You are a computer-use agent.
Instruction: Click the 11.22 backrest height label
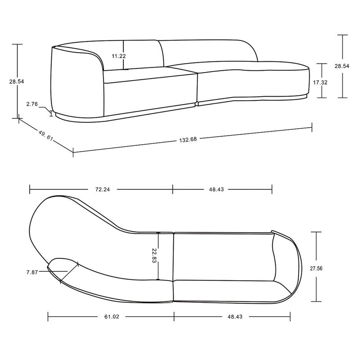(x=119, y=56)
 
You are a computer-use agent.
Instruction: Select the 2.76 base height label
(x=31, y=104)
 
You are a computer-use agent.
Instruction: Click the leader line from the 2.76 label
(x=45, y=107)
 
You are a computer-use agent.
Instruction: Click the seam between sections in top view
(x=174, y=265)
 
